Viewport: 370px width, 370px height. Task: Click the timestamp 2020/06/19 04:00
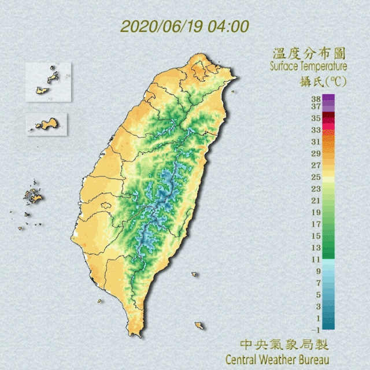point(184,27)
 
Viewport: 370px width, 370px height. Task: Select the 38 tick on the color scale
point(316,99)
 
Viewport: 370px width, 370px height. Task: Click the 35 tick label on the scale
point(316,118)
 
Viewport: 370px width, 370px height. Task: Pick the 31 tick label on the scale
point(316,142)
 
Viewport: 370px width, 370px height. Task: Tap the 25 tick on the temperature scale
point(316,177)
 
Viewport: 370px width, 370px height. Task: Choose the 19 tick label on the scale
point(316,212)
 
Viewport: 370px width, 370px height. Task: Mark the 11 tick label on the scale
point(316,259)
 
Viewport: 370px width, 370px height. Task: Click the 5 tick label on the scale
point(317,295)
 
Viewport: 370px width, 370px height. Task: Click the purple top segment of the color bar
point(328,102)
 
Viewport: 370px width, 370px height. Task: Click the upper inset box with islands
point(48,82)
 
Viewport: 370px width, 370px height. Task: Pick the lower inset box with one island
point(47,124)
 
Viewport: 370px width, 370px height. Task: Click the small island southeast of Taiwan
point(199,325)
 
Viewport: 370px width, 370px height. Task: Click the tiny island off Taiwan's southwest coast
point(100,301)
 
